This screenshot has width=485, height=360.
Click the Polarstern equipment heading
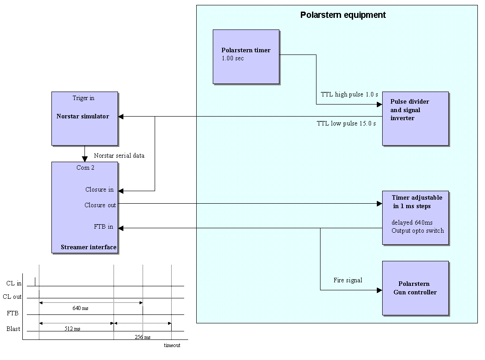point(343,15)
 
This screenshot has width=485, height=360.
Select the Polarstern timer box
point(246,56)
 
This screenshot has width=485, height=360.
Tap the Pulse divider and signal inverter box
point(415,118)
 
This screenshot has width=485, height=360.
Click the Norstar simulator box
point(84,118)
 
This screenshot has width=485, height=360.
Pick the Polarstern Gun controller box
point(415,288)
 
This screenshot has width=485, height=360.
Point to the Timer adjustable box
point(415,218)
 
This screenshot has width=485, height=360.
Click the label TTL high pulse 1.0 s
point(349,95)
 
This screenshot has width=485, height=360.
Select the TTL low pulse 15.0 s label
point(346,123)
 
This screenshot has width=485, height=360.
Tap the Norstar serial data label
point(119,156)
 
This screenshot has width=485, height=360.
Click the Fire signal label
point(347,280)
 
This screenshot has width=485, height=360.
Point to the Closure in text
point(99,189)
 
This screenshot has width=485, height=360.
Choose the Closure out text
point(100,205)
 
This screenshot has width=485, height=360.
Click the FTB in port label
point(103,227)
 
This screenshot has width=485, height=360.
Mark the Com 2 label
point(85,168)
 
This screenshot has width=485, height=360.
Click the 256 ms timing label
point(142,337)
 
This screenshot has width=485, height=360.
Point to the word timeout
point(172,345)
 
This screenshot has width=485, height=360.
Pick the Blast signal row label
point(13,329)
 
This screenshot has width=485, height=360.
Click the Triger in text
point(84,98)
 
